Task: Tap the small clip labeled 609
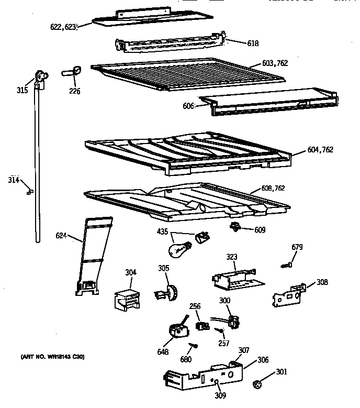[235, 226]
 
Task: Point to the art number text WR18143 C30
[52, 357]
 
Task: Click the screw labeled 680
[193, 346]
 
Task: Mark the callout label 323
[232, 257]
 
